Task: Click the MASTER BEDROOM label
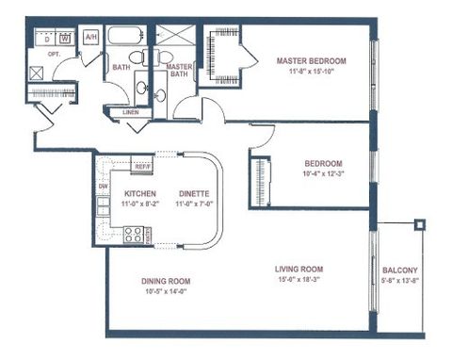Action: coord(311,60)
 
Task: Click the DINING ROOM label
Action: coord(165,281)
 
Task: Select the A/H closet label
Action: coord(90,37)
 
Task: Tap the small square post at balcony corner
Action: coord(420,224)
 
